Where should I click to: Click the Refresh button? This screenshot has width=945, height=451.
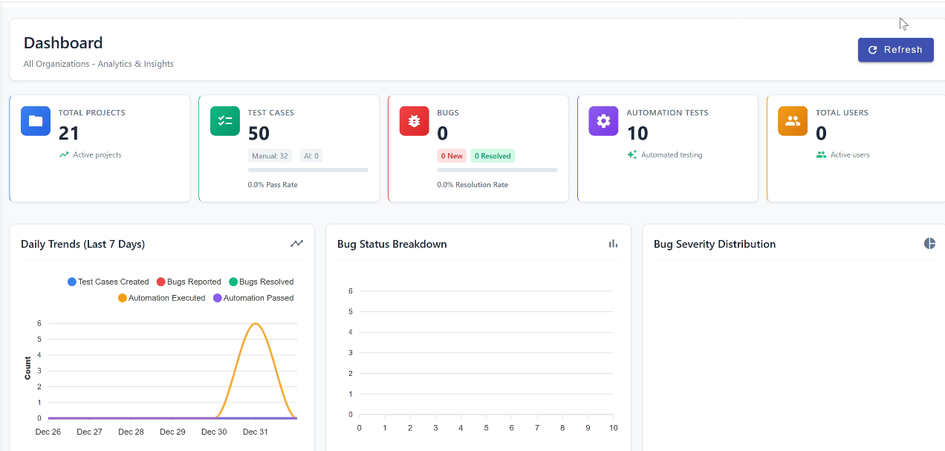[x=895, y=50]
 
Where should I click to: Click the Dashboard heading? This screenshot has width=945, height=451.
[x=63, y=43]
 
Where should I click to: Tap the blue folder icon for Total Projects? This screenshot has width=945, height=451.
[x=36, y=121]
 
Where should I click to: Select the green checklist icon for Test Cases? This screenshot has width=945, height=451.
[x=225, y=121]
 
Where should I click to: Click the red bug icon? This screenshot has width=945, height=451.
[x=415, y=121]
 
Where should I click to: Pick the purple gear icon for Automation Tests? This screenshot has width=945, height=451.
[x=603, y=121]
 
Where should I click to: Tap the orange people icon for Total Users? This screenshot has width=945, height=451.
[x=793, y=121]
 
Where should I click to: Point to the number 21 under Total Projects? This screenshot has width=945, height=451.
[x=69, y=134]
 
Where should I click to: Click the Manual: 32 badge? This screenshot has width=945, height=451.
[x=270, y=156]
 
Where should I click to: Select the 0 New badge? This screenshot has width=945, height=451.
[x=452, y=156]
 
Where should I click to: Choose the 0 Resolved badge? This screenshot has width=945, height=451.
[x=493, y=156]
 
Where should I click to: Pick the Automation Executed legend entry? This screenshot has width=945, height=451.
[x=161, y=298]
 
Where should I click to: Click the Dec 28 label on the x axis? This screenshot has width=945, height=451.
[x=131, y=432]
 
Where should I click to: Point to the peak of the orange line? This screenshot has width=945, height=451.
[x=256, y=324]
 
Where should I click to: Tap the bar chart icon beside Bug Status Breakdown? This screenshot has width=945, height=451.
[x=613, y=244]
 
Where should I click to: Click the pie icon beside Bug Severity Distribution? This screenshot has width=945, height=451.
[x=929, y=244]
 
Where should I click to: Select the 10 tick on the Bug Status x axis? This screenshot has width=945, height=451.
[x=613, y=428]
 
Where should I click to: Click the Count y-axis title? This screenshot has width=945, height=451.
[x=28, y=368]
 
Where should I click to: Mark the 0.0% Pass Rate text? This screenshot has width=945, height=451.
[x=273, y=184]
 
